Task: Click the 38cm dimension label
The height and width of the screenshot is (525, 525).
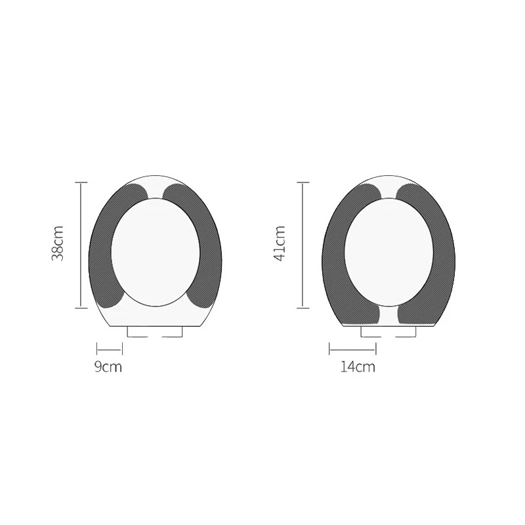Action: [x=58, y=243]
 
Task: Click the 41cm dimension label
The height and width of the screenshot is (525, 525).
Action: [x=280, y=243]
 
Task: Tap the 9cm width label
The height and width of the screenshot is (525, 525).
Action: [x=108, y=367]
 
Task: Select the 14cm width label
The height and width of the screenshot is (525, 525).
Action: [x=358, y=367]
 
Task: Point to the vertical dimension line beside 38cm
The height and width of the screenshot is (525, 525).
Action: [x=81, y=245]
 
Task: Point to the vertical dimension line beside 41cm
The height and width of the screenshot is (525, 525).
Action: [x=303, y=245]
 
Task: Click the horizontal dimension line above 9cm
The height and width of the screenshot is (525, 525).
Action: [x=110, y=350]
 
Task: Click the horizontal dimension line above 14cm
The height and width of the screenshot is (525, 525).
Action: [x=352, y=350]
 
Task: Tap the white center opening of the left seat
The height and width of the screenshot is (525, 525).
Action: [x=156, y=252]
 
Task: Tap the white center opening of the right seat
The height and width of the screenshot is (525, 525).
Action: [x=389, y=252]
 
